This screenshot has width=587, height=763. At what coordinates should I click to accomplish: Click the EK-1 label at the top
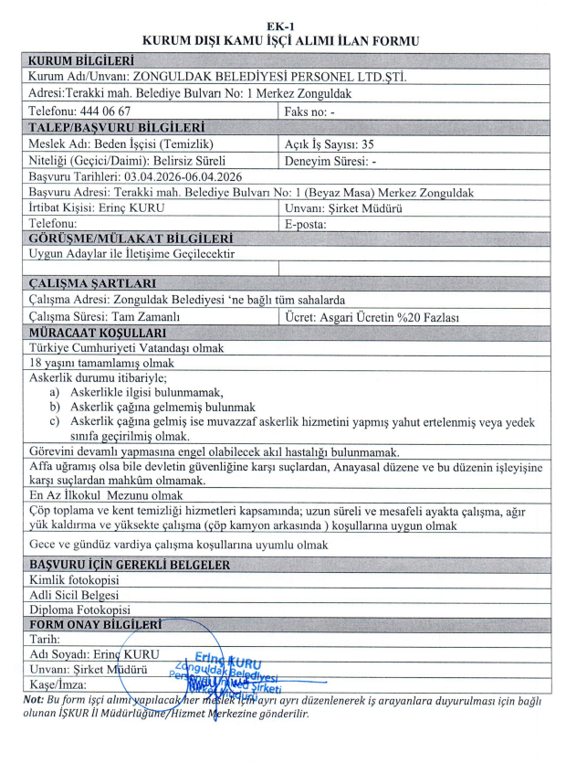[293, 26]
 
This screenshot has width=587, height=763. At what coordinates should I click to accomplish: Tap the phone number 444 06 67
[121, 110]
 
